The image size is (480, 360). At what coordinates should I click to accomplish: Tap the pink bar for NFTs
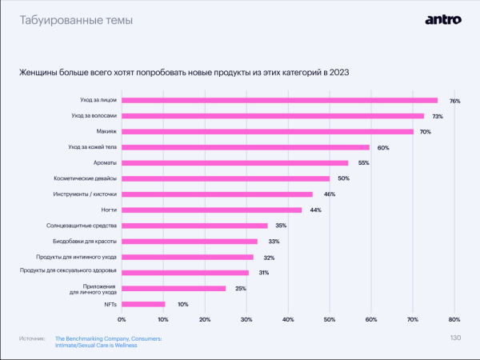(x=143, y=304)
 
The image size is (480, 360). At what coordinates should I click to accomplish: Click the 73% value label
(x=438, y=117)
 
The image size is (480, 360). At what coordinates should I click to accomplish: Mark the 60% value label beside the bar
(x=383, y=148)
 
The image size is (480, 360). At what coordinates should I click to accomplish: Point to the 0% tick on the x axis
(x=122, y=320)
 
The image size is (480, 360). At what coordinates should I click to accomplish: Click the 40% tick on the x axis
(x=288, y=320)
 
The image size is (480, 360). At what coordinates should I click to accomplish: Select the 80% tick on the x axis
(x=454, y=320)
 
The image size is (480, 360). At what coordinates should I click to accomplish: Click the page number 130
(x=455, y=338)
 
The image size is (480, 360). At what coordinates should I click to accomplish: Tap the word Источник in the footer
(x=30, y=339)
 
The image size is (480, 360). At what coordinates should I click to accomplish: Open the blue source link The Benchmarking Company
(x=108, y=339)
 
